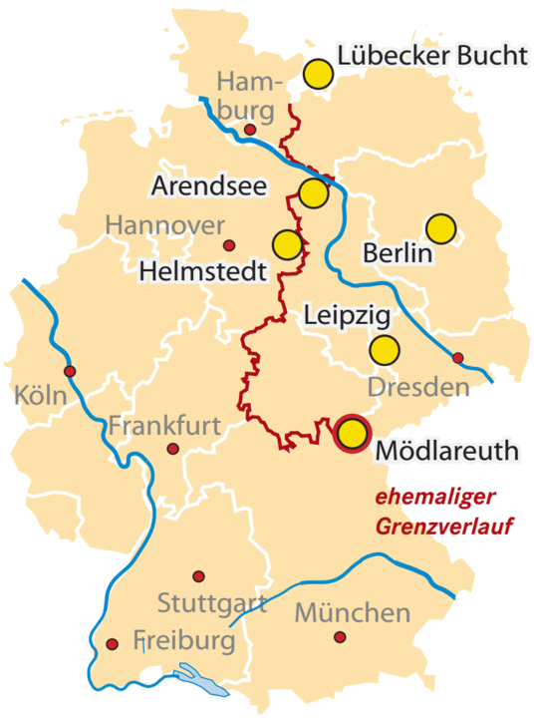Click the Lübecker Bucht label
coord(431,57)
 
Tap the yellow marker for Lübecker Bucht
coord(318,73)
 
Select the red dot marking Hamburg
coord(250,130)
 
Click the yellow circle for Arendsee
coord(313,191)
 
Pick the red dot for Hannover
coord(229,245)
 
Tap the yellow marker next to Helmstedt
coord(287,243)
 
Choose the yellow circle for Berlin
coord(440,229)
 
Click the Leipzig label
coord(345,316)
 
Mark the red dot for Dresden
coord(458,357)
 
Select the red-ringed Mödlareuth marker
coord(352,434)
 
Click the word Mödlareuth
coord(447,451)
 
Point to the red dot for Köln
coord(70,371)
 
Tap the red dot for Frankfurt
coord(173,450)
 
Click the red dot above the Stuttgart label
coord(198,576)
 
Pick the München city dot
coord(341,636)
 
